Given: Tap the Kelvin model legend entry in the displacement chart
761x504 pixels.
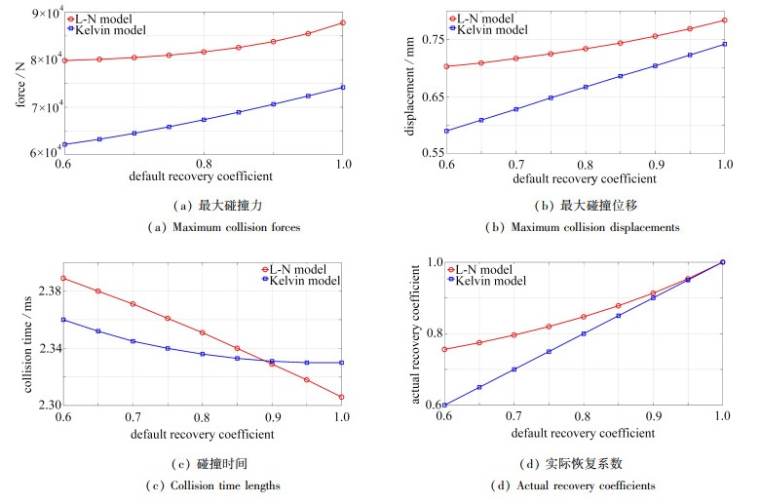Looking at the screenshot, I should click(492, 30).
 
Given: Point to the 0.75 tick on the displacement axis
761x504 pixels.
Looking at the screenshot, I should click(429, 39).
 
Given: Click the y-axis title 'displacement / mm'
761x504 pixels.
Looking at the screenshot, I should click(411, 83).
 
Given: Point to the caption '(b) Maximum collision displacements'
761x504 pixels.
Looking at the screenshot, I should click(584, 228).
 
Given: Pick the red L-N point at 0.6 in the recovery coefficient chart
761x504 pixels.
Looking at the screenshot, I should click(445, 349).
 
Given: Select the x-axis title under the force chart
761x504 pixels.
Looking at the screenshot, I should click(203, 177).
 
